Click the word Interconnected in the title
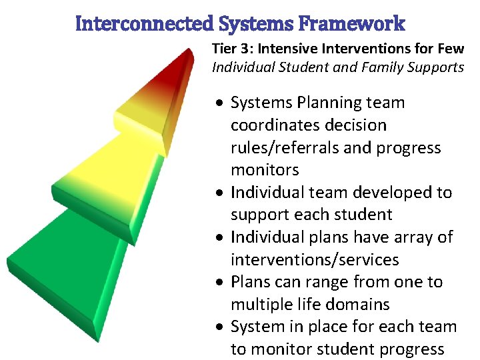tap(145, 24)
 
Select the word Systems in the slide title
tap(256, 24)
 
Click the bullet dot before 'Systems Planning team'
tap(219, 103)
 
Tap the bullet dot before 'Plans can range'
tap(219, 283)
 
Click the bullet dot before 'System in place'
tap(219, 327)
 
